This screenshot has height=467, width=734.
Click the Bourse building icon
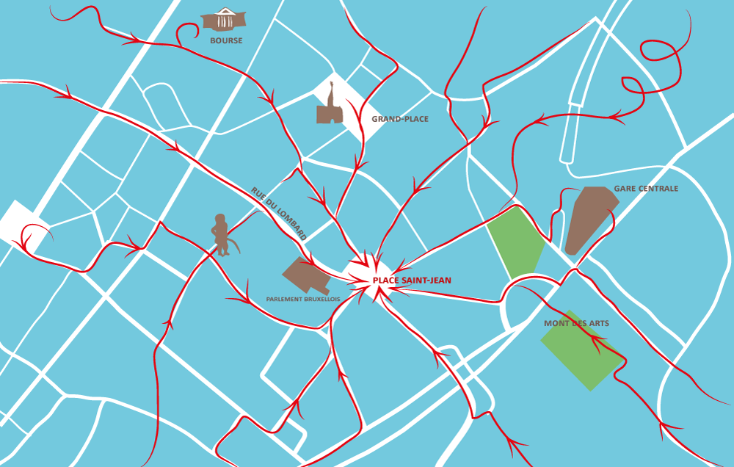coord(225,19)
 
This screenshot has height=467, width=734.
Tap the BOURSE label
coord(226,40)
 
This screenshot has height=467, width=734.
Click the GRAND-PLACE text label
coord(400,119)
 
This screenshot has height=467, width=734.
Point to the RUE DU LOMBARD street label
coord(278,214)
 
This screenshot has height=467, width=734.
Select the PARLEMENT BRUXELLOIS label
coord(303,300)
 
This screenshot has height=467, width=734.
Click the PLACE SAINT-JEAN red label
coord(412,280)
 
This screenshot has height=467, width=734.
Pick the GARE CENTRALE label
coord(646,189)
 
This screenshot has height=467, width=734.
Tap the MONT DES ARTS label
coord(576,323)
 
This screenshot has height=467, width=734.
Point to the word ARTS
coord(598,323)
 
